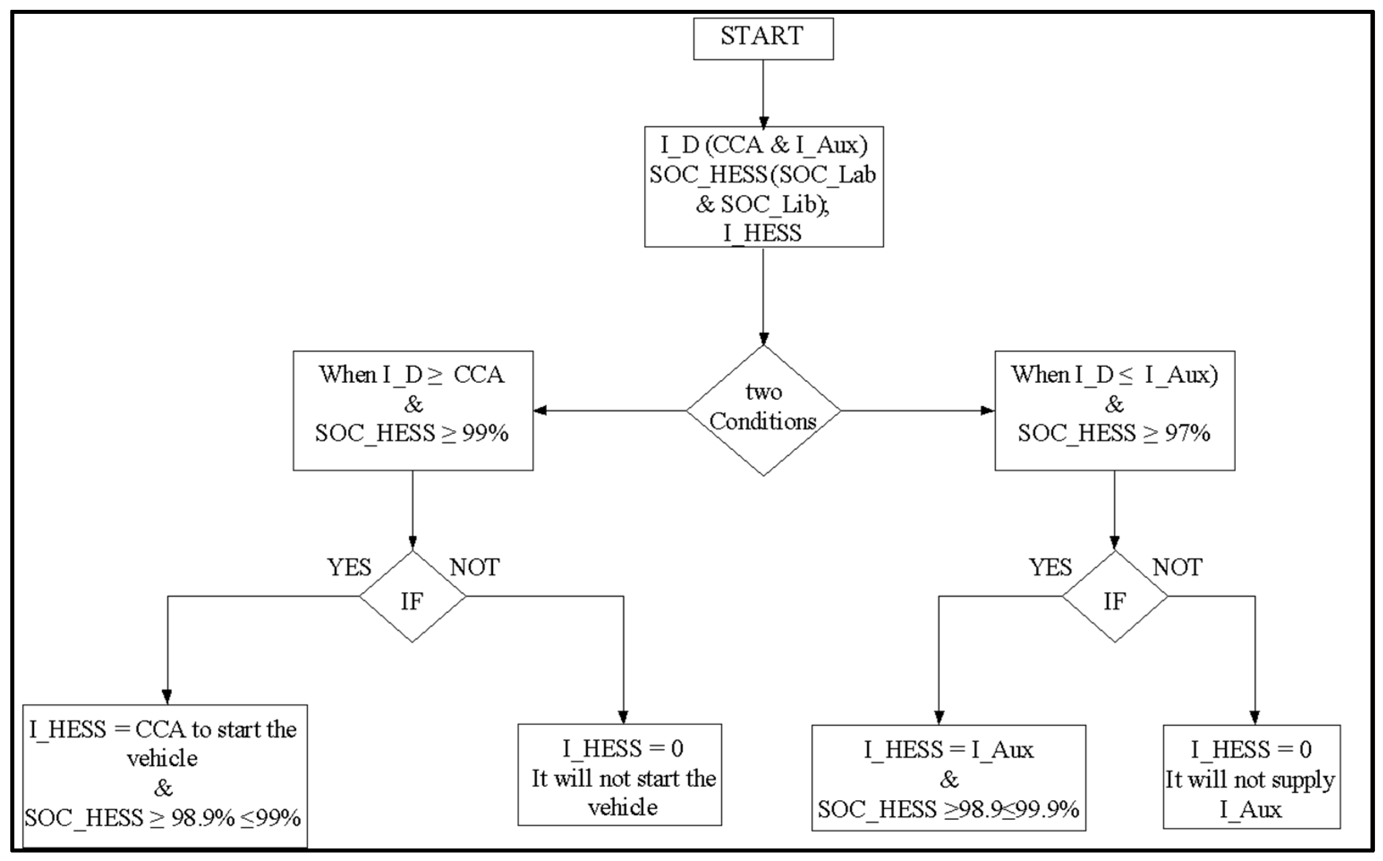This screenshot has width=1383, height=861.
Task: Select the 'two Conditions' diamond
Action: tap(763, 410)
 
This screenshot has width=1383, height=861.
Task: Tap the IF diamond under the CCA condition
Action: tap(412, 596)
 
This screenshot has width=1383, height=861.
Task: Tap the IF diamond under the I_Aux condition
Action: tap(1114, 596)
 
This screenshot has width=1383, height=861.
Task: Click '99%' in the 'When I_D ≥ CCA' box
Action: tap(485, 433)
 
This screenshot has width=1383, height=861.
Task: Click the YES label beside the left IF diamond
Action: tap(348, 567)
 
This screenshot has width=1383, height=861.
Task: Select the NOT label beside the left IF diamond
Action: tap(475, 567)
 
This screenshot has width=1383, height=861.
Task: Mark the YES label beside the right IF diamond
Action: tap(1051, 567)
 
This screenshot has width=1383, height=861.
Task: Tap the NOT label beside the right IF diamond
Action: tap(1177, 567)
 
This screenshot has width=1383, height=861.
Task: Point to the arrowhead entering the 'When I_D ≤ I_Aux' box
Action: tap(988, 410)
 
